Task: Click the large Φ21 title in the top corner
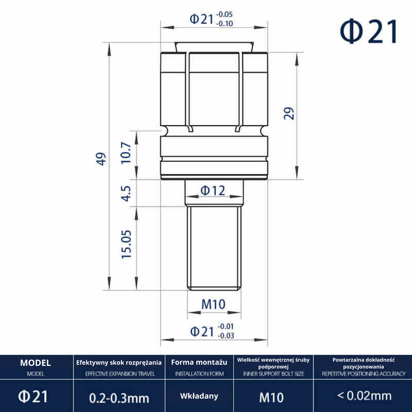click(369, 32)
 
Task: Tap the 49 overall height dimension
click(101, 159)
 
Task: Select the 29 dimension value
click(289, 114)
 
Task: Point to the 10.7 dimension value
click(126, 153)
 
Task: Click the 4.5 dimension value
click(126, 194)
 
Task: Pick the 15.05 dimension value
click(126, 245)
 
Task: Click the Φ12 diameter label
click(213, 190)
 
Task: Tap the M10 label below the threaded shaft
click(213, 304)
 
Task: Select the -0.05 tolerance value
click(224, 14)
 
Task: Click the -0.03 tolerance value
click(226, 336)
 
